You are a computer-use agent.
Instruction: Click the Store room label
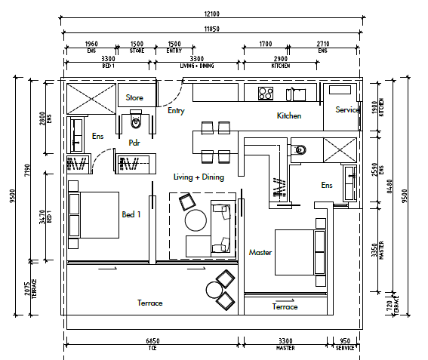134,97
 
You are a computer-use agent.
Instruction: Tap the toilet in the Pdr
136,119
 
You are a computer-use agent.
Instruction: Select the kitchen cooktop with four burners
266,93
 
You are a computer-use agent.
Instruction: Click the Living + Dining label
199,177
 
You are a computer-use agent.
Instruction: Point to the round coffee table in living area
196,220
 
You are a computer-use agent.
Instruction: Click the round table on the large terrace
214,290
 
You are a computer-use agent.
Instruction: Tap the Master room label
260,253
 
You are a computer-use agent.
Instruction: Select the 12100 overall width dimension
212,14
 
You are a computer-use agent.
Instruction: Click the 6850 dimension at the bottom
152,341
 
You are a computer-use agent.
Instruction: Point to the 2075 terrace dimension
27,288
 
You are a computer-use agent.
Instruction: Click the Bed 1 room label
131,214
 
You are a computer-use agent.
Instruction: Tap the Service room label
347,109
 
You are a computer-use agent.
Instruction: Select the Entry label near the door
176,110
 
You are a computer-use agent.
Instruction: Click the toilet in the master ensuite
298,150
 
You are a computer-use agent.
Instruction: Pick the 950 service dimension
345,341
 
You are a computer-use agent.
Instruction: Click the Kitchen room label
289,115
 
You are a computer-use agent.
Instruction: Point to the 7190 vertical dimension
27,170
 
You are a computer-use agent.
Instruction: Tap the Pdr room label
134,143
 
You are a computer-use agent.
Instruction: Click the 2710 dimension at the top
323,44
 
